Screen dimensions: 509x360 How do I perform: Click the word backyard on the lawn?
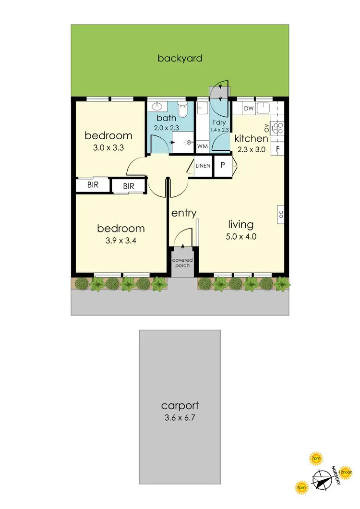point(180,59)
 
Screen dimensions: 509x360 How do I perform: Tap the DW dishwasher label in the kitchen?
point(249,109)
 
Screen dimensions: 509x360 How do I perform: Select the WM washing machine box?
point(203,145)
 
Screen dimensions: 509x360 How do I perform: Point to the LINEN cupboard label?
point(203,166)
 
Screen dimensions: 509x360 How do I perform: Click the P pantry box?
point(223,165)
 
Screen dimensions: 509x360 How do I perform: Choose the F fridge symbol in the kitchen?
point(278,148)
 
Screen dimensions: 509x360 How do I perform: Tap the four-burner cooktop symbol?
point(278,127)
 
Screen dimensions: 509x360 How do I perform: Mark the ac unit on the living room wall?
point(281,215)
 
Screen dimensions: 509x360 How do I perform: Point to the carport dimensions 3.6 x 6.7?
point(180,417)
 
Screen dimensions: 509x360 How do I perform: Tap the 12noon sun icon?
point(346,473)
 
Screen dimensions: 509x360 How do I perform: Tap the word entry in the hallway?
point(184,213)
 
